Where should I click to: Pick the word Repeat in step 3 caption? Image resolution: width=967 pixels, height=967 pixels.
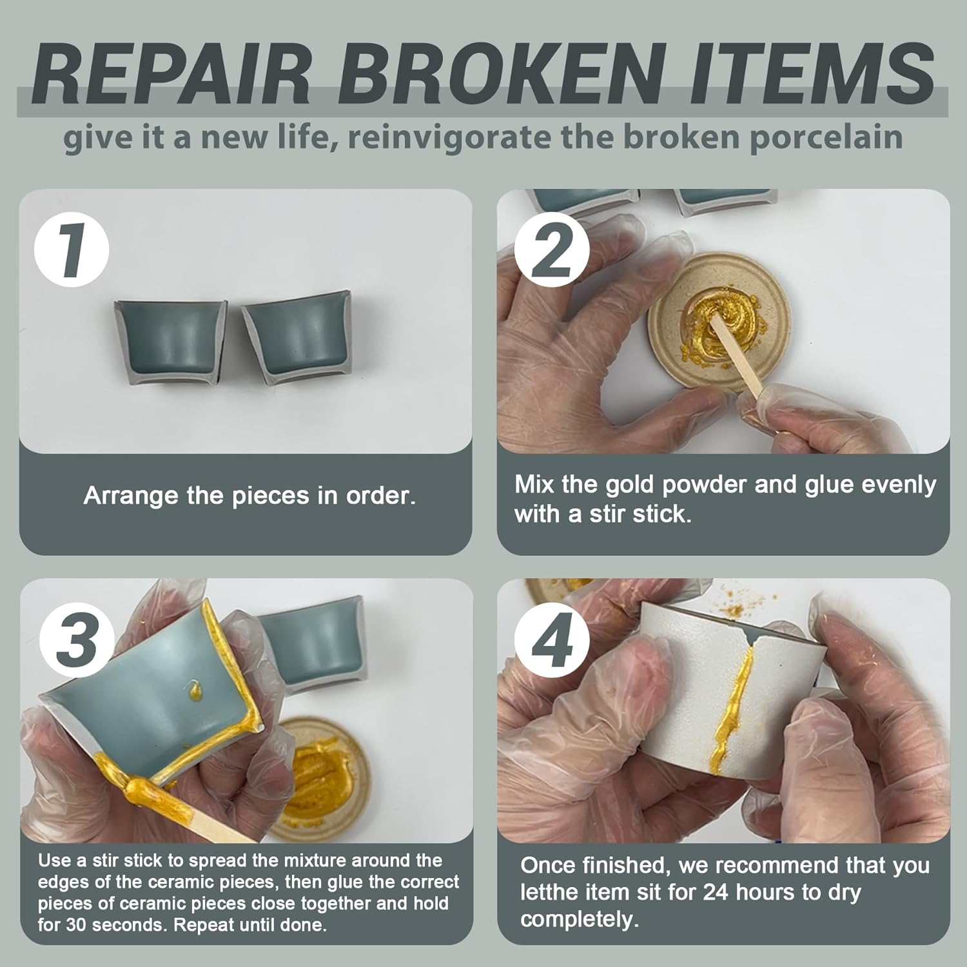pos(206,925)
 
